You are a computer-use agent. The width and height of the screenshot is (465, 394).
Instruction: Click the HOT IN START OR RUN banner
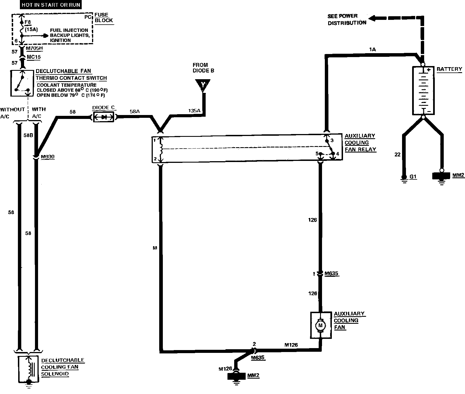[51, 5]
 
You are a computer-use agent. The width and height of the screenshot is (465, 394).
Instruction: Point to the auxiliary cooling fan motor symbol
[321, 325]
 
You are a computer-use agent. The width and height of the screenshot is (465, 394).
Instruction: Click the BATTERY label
[449, 69]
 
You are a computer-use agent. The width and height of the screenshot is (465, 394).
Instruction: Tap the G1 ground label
[413, 177]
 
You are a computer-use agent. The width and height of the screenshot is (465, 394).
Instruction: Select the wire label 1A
[372, 50]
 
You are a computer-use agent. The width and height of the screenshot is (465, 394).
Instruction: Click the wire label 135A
[194, 111]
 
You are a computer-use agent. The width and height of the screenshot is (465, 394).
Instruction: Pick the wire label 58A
[135, 111]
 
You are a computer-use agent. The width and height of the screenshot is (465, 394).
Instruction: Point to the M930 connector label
[48, 157]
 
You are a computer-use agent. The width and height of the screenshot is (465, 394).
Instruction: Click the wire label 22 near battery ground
[397, 154]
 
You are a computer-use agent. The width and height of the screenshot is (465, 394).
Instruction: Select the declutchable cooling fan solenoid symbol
[28, 369]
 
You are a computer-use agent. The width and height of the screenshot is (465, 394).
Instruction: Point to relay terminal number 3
[332, 140]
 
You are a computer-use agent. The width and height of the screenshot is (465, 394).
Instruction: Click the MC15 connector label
[34, 57]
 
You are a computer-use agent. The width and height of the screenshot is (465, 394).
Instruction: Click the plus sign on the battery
[428, 70]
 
